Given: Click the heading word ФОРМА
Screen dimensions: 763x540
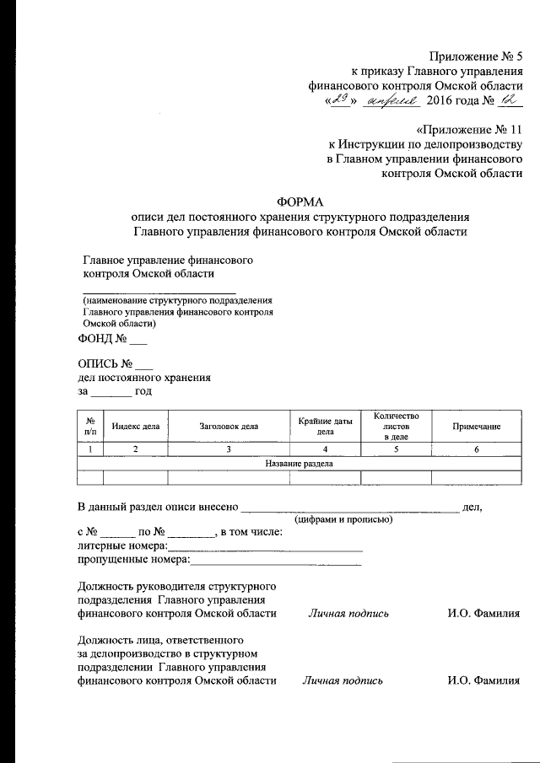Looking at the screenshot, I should (x=300, y=201).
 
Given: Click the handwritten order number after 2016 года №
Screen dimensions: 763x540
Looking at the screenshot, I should (x=508, y=101).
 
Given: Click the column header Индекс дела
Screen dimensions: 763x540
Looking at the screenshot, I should (x=135, y=427).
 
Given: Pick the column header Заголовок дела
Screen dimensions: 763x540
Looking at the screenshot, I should (x=229, y=427).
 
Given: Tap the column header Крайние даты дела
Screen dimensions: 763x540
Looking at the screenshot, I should (x=325, y=426).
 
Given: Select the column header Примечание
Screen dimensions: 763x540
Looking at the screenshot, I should (x=476, y=427).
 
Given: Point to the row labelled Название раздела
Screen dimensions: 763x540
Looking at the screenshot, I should (x=300, y=464).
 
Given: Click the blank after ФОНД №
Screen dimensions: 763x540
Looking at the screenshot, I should (x=138, y=341).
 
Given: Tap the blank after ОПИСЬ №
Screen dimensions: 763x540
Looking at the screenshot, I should (x=143, y=365).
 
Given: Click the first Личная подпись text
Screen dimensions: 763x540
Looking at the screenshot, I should (x=348, y=614).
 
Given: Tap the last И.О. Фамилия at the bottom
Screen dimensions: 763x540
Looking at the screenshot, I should (x=483, y=680).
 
